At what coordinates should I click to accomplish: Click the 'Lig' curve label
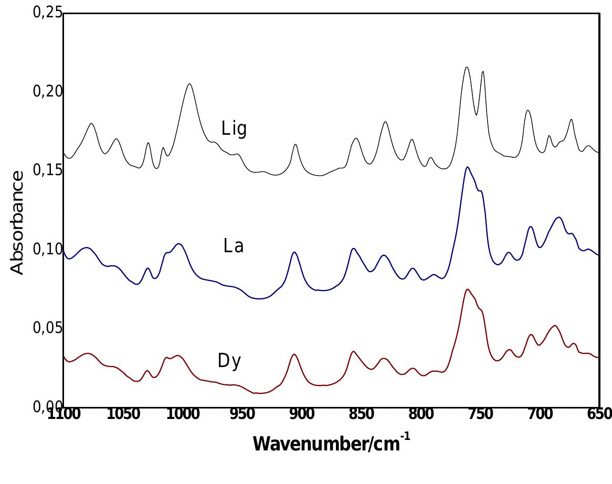[x=234, y=129]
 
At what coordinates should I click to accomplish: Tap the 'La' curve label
[x=233, y=246]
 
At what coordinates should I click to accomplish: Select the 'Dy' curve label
[x=229, y=361]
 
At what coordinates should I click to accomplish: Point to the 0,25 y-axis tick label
[x=47, y=13]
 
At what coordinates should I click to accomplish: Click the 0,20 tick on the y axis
[x=47, y=91]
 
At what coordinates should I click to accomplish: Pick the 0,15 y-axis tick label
[x=47, y=170]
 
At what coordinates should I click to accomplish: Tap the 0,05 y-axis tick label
[x=47, y=328]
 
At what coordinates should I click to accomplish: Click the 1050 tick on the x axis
[x=123, y=414]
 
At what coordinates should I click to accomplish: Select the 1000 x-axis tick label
[x=183, y=414]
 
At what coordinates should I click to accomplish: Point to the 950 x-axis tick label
[x=242, y=414]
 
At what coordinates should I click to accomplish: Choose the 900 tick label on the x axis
[x=302, y=414]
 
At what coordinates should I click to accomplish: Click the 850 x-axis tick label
[x=361, y=414]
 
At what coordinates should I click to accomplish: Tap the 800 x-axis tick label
[x=421, y=414]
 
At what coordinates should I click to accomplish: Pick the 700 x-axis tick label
[x=540, y=414]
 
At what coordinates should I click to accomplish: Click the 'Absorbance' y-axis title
[x=17, y=222]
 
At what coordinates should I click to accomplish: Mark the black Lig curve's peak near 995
[x=189, y=84]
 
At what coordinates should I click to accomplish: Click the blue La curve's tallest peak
[x=467, y=167]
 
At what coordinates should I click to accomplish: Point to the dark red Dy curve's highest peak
[x=467, y=289]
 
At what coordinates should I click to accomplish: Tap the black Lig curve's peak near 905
[x=296, y=144]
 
